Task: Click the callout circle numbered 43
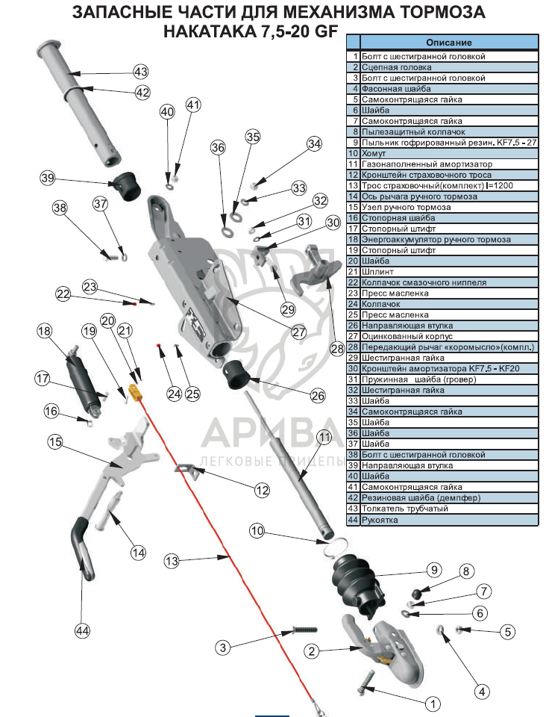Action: pos(141,72)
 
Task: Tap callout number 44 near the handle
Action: pos(82,631)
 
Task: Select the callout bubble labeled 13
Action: pos(172,560)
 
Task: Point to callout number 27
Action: pos(299,332)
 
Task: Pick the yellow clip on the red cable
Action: pos(135,391)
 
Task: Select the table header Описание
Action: pos(448,43)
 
